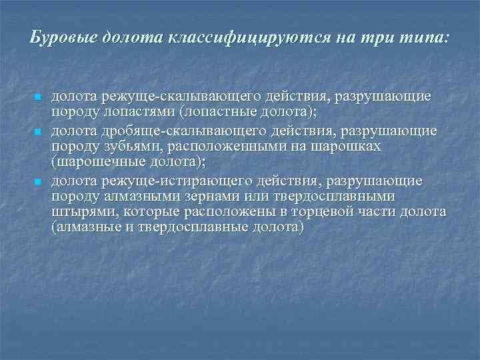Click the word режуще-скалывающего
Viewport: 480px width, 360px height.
point(163,97)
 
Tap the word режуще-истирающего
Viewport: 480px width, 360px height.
point(163,181)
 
